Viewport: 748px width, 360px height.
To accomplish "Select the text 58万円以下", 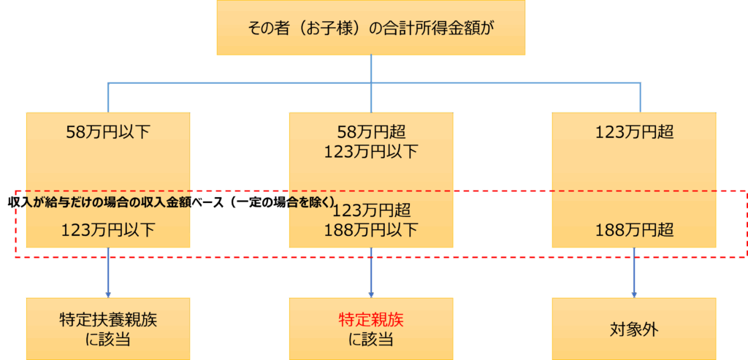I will pyautogui.click(x=107, y=132).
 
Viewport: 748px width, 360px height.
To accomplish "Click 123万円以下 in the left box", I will pyautogui.click(x=107, y=230).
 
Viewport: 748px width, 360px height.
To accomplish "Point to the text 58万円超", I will pyautogui.click(x=370, y=132).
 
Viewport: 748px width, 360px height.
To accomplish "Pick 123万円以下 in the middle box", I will pyautogui.click(x=370, y=152).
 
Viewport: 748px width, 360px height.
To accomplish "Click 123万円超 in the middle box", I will pyautogui.click(x=370, y=211).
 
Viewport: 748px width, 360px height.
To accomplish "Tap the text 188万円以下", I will pyautogui.click(x=370, y=230).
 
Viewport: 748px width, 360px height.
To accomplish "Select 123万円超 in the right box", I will pyautogui.click(x=633, y=132).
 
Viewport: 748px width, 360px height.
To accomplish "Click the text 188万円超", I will pyautogui.click(x=633, y=230).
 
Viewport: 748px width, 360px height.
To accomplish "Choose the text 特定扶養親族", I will pyautogui.click(x=107, y=319).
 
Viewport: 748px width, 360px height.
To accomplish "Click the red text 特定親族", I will pyautogui.click(x=370, y=319).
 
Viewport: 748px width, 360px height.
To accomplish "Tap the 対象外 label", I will pyautogui.click(x=633, y=329).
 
